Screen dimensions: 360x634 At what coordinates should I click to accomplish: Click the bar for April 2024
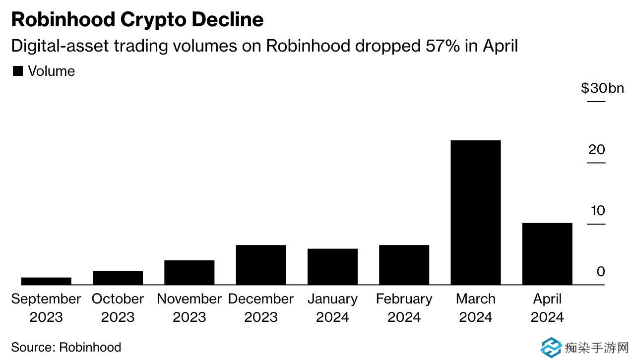coord(547,253)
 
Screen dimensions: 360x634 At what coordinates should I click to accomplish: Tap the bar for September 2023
coord(46,281)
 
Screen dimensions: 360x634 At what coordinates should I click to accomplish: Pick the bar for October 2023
coord(118,277)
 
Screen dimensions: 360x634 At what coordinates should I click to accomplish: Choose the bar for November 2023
coord(189,272)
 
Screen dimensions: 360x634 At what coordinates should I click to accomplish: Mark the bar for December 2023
coord(261,264)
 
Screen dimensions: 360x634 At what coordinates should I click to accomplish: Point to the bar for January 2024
coord(332,266)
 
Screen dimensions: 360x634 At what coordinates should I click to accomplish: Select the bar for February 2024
coord(404,264)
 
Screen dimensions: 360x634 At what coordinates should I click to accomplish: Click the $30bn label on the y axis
coord(602,88)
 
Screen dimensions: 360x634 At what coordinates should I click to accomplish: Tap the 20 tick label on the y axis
coord(596,149)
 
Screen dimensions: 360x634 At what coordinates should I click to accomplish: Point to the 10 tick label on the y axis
coord(598,211)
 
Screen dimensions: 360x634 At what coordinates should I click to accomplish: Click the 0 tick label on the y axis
coord(601,272)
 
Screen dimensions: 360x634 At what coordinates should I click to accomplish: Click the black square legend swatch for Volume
coord(18,71)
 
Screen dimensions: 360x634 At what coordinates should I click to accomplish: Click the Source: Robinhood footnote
coord(66,347)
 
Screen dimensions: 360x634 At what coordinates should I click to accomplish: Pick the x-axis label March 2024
coord(475,307)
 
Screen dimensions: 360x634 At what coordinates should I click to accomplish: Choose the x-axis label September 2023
coord(46,307)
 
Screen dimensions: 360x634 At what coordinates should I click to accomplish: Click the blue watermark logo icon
coord(551,348)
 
